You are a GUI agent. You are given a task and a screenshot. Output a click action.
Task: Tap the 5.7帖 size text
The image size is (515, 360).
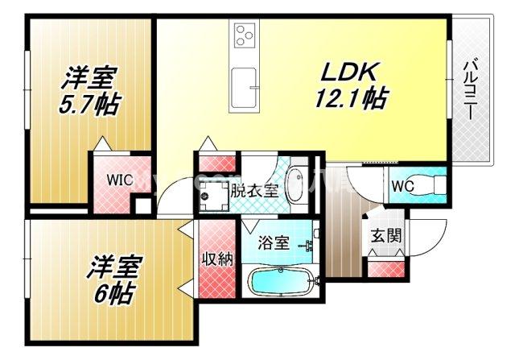click(89, 105)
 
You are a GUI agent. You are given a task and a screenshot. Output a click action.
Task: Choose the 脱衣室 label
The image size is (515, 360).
click(253, 192)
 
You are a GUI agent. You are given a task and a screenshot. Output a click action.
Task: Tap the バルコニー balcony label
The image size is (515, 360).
click(472, 89)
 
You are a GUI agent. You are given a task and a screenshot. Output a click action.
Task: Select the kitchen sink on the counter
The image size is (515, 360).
click(244, 81)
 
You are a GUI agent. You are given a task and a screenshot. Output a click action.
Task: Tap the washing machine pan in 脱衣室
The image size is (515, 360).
click(214, 194)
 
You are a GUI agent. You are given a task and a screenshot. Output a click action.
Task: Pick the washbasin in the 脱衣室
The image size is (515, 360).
click(295, 178)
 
